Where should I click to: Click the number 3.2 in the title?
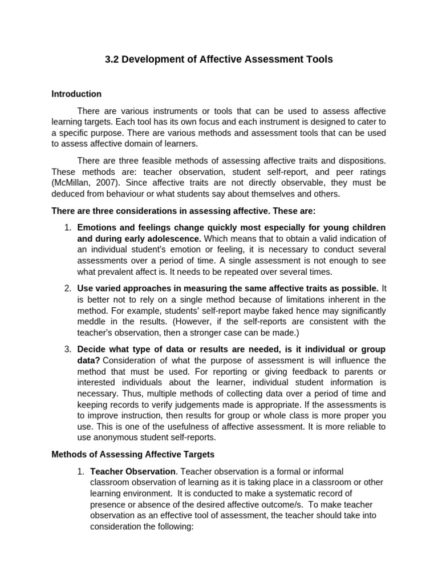click(112, 59)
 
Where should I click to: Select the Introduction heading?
click(76, 94)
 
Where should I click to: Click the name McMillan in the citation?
click(71, 183)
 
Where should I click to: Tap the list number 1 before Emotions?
click(67, 227)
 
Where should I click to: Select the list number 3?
click(67, 349)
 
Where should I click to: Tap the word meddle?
click(92, 322)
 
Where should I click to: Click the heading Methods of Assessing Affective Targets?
click(133, 455)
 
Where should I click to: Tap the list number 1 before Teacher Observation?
click(80, 472)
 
